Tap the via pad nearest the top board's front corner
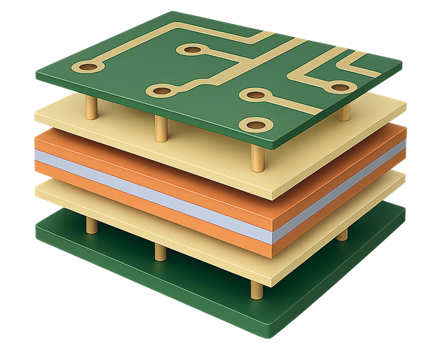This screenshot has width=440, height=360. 253,125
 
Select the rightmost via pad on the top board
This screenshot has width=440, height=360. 339,88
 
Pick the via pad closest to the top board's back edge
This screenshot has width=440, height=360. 192,50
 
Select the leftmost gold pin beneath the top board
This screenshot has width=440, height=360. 92,108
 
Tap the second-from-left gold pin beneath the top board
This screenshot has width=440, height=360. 161,127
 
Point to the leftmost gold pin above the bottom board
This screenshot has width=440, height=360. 92,224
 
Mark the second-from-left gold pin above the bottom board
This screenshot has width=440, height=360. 160,251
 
